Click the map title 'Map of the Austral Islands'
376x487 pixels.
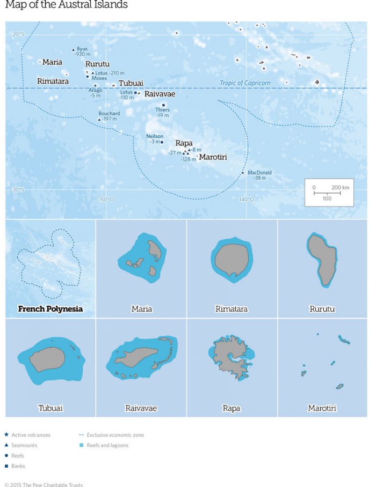66,5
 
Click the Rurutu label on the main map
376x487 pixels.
97,64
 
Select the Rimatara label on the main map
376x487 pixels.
53,81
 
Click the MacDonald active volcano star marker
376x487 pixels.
243,173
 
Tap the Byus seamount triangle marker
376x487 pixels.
74,50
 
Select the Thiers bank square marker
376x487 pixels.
163,105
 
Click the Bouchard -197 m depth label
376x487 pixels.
109,116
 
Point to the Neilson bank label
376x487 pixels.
155,136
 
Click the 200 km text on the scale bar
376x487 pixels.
340,187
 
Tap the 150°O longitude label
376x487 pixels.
106,200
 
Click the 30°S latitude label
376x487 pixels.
18,189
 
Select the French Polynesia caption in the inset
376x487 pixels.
50,309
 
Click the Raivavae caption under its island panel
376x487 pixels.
141,408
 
